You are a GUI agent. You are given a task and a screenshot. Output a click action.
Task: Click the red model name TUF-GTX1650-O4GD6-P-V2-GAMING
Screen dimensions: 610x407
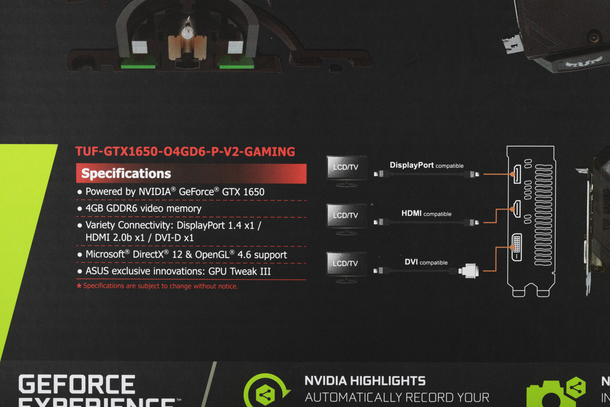[185, 151]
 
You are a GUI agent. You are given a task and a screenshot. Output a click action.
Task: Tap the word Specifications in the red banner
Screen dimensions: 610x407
[126, 173]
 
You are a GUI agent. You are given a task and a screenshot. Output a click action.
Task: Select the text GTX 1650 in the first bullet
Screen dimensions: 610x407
[243, 192]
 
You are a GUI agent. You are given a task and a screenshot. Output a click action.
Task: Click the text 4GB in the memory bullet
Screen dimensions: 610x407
[94, 208]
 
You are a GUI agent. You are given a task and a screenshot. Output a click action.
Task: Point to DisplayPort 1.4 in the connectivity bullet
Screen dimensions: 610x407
[209, 225]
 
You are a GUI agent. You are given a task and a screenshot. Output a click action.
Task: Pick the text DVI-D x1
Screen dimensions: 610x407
[174, 238]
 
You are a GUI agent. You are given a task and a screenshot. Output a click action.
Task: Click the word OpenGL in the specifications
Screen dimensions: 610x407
[212, 255]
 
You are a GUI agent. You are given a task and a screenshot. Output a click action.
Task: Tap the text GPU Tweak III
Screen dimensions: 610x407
[239, 271]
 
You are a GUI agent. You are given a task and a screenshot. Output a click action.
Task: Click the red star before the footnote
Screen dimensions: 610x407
[79, 286]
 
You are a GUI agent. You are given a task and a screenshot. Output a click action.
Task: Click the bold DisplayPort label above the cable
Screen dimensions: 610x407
[411, 165]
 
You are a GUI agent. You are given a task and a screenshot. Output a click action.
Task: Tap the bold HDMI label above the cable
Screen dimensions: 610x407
[411, 213]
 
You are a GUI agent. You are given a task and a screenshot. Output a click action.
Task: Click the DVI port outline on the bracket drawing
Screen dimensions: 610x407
[517, 247]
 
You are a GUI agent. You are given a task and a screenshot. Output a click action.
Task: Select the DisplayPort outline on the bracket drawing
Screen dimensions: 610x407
[517, 174]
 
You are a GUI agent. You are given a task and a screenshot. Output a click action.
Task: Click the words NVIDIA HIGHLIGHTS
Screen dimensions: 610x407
[365, 381]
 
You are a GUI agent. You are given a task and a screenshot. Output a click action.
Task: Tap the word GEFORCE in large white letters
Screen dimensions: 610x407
[77, 384]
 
